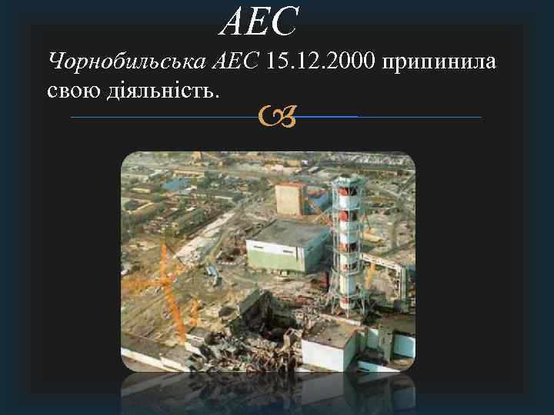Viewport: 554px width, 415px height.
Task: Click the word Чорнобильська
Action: coord(128,61)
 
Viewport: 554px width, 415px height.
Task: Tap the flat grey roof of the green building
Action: coord(289,233)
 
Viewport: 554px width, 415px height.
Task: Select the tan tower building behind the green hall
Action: coord(291,199)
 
